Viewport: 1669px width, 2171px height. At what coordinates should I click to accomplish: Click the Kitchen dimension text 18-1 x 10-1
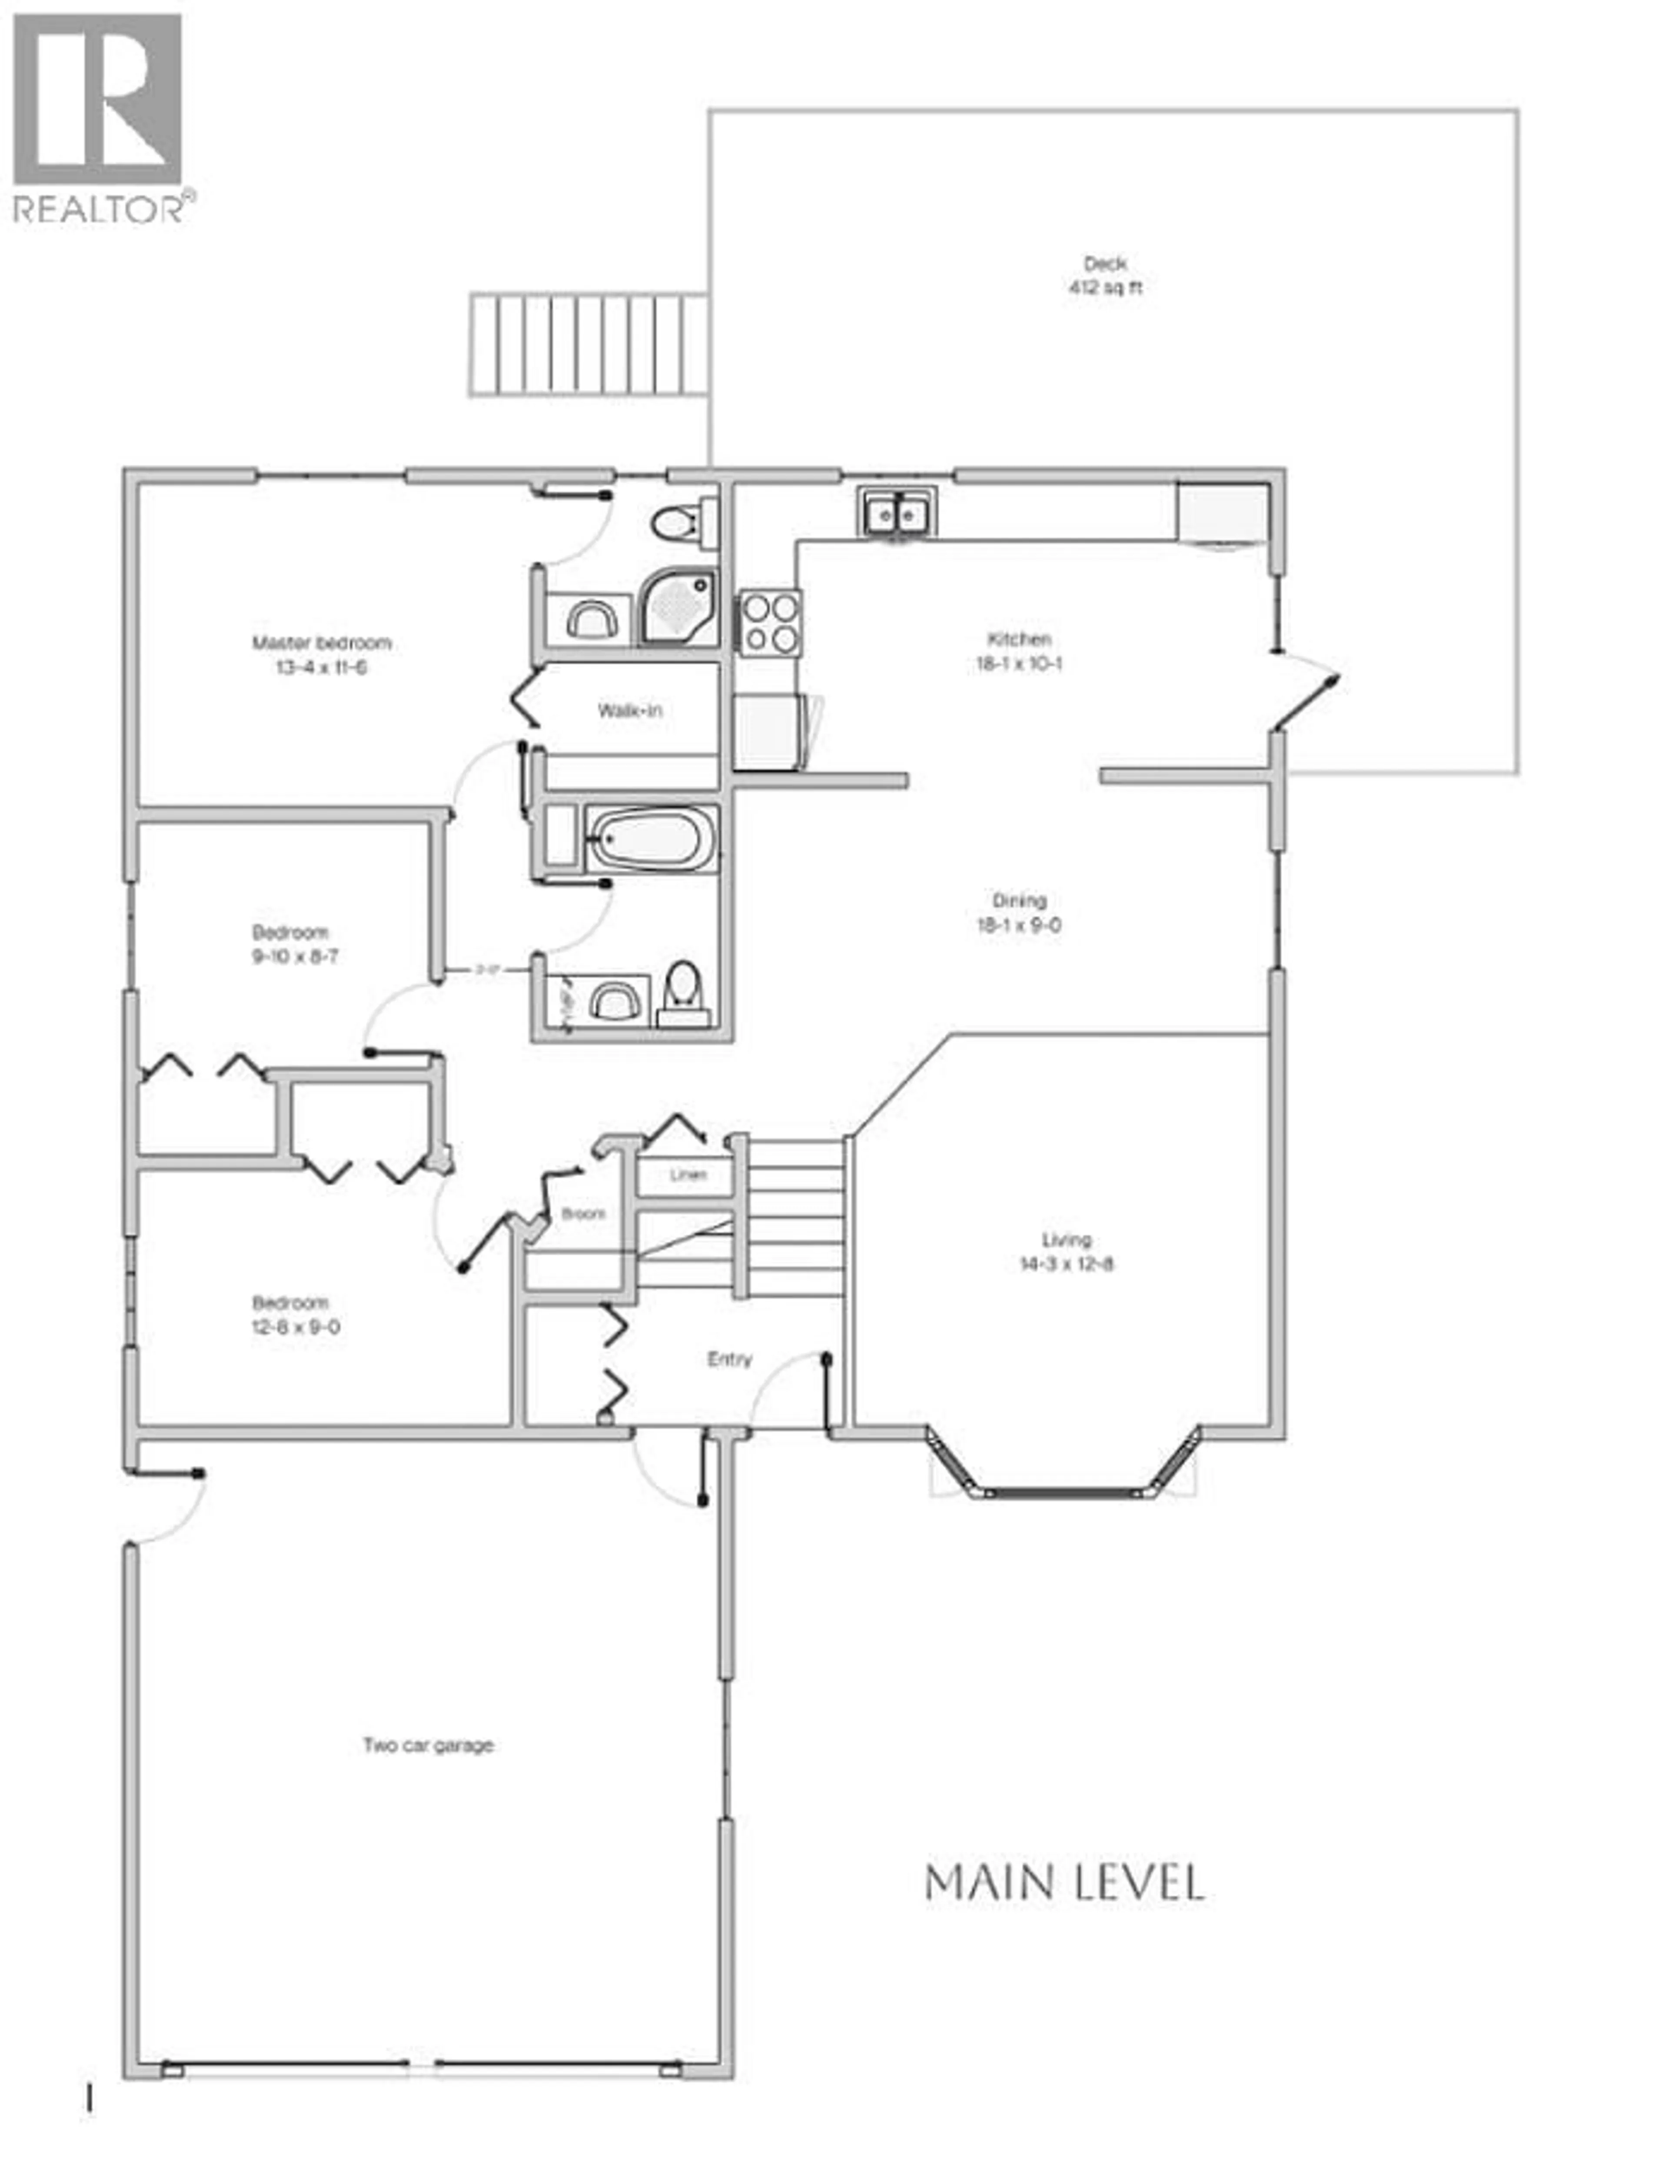point(1018,664)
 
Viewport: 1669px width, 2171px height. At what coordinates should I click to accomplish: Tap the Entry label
point(729,1359)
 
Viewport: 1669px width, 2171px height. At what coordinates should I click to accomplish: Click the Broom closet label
point(583,1213)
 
